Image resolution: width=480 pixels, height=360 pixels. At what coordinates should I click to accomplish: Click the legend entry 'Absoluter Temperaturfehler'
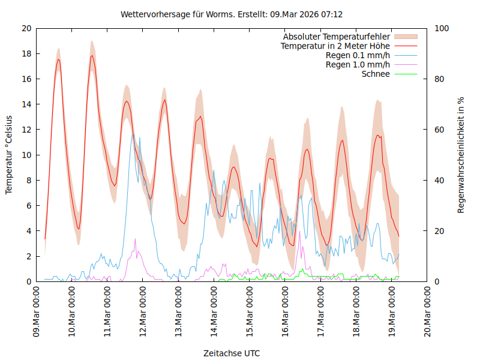click(x=337, y=37)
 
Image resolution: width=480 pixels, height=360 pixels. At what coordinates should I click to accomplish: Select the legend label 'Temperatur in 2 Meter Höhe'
click(x=335, y=46)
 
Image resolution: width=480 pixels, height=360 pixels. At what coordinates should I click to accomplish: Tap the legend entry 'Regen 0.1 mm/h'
click(x=358, y=55)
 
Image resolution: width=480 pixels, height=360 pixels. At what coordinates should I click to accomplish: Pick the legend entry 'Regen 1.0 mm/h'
click(x=358, y=64)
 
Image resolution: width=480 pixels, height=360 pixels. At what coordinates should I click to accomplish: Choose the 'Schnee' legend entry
click(x=376, y=74)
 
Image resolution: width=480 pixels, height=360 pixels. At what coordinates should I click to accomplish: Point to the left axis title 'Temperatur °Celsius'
click(x=9, y=155)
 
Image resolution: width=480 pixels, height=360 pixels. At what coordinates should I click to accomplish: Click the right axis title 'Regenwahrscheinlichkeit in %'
click(x=461, y=155)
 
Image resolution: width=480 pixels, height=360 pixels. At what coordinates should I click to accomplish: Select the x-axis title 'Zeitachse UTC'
click(x=232, y=353)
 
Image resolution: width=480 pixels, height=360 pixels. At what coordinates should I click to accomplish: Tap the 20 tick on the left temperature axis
click(x=26, y=28)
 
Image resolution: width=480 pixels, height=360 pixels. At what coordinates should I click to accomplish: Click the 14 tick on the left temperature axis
click(x=26, y=104)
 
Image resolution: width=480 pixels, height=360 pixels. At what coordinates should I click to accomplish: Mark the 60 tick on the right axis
click(x=441, y=130)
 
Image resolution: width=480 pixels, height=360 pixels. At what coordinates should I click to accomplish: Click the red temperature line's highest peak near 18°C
click(x=92, y=56)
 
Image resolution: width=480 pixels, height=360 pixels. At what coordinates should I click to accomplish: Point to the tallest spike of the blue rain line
click(x=133, y=134)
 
